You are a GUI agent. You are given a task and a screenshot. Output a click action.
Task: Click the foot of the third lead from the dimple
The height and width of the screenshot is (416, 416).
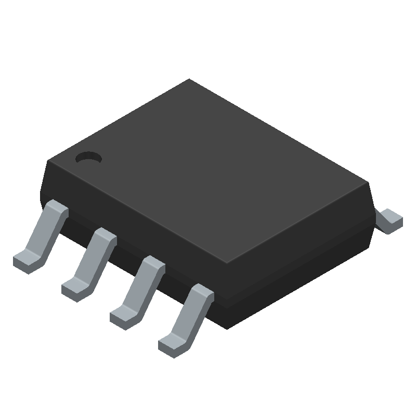(x=123, y=317)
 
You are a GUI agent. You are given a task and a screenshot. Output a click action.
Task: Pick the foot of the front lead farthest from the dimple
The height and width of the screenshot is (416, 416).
(x=172, y=345)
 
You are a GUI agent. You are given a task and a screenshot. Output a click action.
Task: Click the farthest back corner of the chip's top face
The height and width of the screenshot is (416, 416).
(x=189, y=80)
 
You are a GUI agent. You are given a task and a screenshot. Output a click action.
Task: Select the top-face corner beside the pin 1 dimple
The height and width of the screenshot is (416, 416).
(x=48, y=161)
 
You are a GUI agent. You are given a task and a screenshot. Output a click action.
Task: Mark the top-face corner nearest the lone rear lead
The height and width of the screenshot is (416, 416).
(x=368, y=183)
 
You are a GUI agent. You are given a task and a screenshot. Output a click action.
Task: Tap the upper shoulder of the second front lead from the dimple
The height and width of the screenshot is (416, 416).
(x=105, y=235)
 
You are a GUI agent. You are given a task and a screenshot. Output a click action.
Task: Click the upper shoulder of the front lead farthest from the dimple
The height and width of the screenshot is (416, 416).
(x=202, y=292)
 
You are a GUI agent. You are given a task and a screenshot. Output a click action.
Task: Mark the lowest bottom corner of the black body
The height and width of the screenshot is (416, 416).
(x=227, y=328)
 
